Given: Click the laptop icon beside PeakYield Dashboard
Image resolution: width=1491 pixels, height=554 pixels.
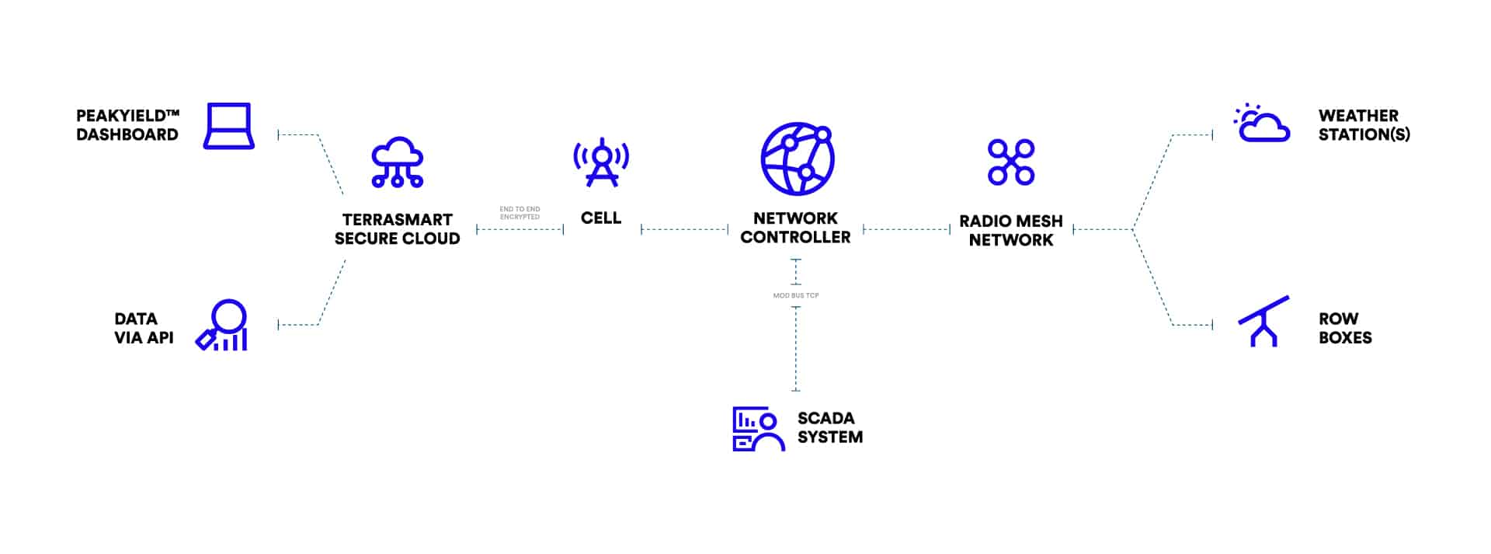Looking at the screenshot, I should click(x=228, y=126).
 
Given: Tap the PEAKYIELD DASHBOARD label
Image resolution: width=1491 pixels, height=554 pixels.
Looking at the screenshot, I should click(x=127, y=125).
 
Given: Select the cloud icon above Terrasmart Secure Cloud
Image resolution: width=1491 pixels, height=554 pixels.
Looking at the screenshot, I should click(x=397, y=162).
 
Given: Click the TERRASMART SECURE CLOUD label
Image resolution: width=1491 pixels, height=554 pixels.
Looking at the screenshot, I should click(x=397, y=229).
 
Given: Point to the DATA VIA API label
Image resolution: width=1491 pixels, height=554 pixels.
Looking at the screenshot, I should click(x=144, y=328).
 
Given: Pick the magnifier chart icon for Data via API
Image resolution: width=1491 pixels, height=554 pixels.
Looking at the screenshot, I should click(x=223, y=326).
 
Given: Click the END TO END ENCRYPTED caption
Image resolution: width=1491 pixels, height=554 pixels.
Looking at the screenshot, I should click(x=520, y=213).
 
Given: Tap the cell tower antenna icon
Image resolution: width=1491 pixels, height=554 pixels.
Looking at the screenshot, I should click(x=601, y=162).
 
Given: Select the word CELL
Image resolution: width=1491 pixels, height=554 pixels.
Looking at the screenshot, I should click(x=601, y=218).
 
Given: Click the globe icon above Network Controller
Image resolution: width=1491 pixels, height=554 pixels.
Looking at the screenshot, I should click(x=796, y=159).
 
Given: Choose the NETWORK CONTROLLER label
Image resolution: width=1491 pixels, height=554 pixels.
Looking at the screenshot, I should click(x=795, y=228).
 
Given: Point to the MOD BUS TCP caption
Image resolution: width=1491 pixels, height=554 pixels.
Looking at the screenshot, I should click(x=796, y=295).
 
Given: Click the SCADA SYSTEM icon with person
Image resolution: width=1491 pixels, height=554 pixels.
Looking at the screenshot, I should click(x=757, y=429).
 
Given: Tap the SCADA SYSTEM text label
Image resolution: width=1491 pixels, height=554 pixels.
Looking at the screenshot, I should click(x=829, y=427).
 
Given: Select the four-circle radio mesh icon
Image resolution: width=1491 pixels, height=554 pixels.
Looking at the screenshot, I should click(x=1010, y=162).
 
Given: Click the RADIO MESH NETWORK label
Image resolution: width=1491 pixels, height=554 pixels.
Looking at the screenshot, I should click(x=1010, y=231).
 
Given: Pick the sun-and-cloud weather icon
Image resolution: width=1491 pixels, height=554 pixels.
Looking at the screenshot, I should click(x=1262, y=124).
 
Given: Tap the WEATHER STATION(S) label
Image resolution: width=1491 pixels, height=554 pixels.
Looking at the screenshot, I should click(x=1364, y=125).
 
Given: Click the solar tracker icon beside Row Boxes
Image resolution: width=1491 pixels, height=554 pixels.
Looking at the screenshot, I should click(x=1263, y=321).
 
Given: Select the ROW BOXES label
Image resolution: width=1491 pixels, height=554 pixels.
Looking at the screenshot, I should click(x=1345, y=328).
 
